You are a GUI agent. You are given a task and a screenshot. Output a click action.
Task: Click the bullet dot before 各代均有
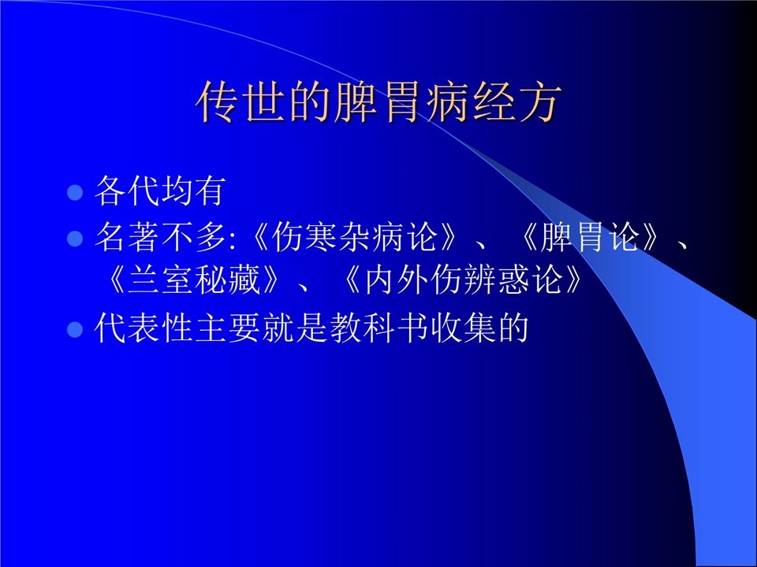(75, 192)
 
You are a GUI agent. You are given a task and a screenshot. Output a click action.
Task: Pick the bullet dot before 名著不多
(75, 238)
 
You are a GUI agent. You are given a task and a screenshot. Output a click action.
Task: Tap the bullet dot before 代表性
(75, 330)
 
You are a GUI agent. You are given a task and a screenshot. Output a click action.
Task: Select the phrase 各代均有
(160, 191)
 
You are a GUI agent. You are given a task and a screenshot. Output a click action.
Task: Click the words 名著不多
(160, 237)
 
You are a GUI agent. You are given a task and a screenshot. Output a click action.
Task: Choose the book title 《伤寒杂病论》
(353, 237)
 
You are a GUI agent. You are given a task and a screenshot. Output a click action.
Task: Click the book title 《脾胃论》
(590, 237)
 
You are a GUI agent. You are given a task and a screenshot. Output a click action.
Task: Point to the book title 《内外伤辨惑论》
(464, 280)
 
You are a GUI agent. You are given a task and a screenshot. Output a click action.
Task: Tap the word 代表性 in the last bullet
(144, 328)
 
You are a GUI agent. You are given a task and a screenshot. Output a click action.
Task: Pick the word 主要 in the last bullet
(228, 328)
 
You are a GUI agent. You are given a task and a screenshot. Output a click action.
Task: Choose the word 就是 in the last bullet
(296, 328)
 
